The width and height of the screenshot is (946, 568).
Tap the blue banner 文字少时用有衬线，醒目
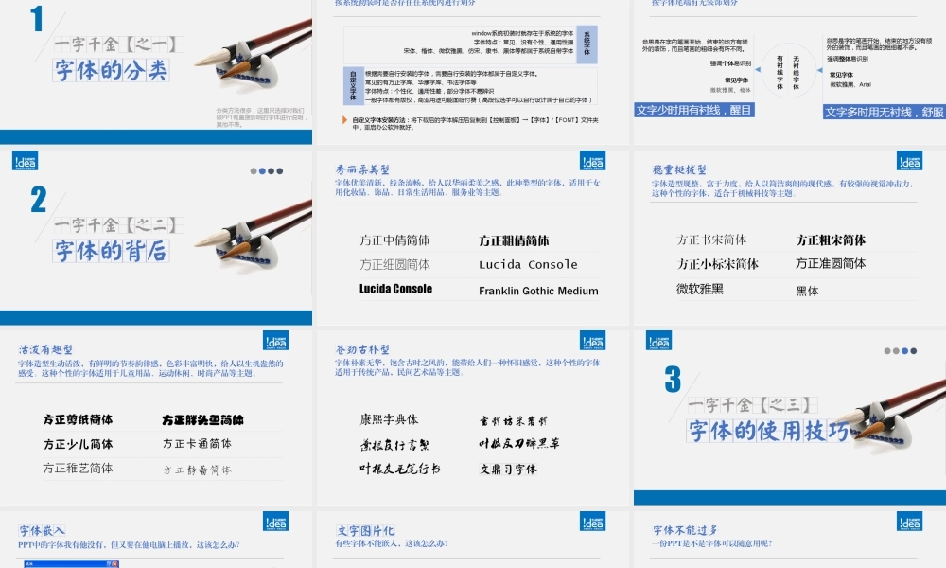[x=694, y=110]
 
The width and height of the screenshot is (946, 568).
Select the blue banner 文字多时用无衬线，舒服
[x=884, y=112]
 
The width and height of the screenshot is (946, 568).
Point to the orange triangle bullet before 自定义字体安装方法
[x=343, y=120]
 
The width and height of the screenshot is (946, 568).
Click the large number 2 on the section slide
[x=39, y=199]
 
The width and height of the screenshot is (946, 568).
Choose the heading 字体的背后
[x=111, y=251]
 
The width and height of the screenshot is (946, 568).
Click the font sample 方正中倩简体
[x=394, y=240]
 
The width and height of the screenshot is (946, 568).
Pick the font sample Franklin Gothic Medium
[x=538, y=291]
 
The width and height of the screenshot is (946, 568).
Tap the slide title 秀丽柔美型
[x=362, y=169]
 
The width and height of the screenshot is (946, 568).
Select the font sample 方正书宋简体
[x=711, y=240]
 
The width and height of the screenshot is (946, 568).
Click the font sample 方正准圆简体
[x=831, y=264]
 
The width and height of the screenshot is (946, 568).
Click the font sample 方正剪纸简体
[x=78, y=419]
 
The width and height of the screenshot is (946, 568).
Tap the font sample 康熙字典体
[x=389, y=419]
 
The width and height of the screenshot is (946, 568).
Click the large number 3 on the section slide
[x=673, y=380]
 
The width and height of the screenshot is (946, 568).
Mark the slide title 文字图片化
[x=366, y=530]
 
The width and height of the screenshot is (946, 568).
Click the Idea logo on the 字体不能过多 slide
[x=909, y=521]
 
